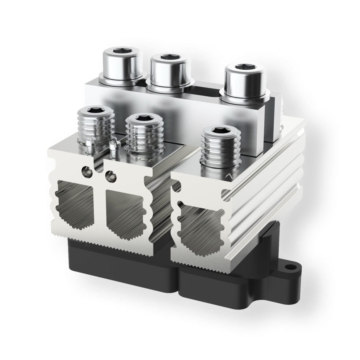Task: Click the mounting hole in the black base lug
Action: click(288, 267)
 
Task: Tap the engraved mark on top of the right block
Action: click(227, 176)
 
